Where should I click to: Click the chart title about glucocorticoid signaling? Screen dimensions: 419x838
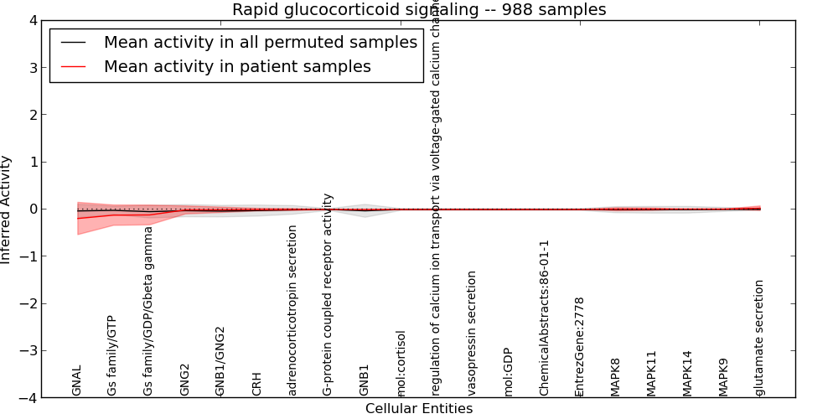click(419, 10)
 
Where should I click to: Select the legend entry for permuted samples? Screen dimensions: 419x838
click(260, 43)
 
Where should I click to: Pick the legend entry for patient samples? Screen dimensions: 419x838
click(237, 67)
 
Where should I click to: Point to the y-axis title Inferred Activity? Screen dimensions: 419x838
click(7, 209)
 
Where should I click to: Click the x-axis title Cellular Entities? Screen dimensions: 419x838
click(419, 409)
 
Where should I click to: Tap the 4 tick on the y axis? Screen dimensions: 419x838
click(32, 21)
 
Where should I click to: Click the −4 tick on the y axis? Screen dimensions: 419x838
click(28, 398)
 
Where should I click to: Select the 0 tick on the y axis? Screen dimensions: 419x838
click(32, 209)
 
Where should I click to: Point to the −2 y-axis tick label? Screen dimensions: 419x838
click(28, 304)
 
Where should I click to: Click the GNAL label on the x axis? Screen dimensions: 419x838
click(77, 380)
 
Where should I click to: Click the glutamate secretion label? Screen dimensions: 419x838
click(760, 338)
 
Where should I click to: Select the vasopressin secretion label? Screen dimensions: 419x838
click(473, 333)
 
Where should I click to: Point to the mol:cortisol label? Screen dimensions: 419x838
click(401, 363)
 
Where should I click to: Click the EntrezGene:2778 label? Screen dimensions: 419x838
click(580, 346)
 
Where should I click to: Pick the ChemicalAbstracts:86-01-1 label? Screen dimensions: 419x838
click(545, 318)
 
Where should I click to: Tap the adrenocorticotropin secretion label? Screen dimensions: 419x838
click(292, 309)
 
